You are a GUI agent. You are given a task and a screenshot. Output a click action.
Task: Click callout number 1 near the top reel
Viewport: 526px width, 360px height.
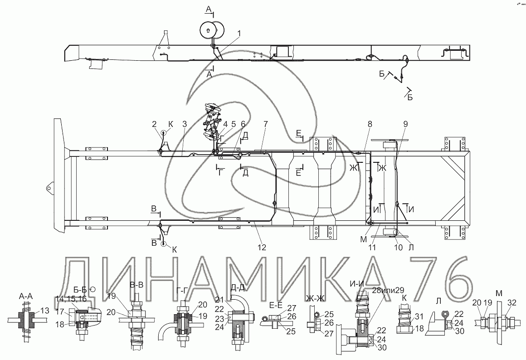click(239, 34)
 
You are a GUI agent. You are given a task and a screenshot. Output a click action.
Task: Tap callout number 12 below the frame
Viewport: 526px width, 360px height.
click(262, 247)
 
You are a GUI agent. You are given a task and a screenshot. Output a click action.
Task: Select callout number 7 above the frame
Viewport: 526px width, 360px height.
click(265, 124)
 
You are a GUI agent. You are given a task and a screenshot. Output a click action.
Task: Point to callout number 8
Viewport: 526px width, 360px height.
click(370, 124)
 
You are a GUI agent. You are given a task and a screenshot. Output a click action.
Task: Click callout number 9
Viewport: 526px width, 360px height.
click(405, 124)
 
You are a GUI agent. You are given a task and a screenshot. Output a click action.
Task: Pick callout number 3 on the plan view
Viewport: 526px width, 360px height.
click(185, 124)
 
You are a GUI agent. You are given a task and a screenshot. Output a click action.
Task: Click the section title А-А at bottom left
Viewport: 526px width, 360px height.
click(26, 296)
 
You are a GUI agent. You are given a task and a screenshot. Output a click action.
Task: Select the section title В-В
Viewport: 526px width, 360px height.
click(136, 285)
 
